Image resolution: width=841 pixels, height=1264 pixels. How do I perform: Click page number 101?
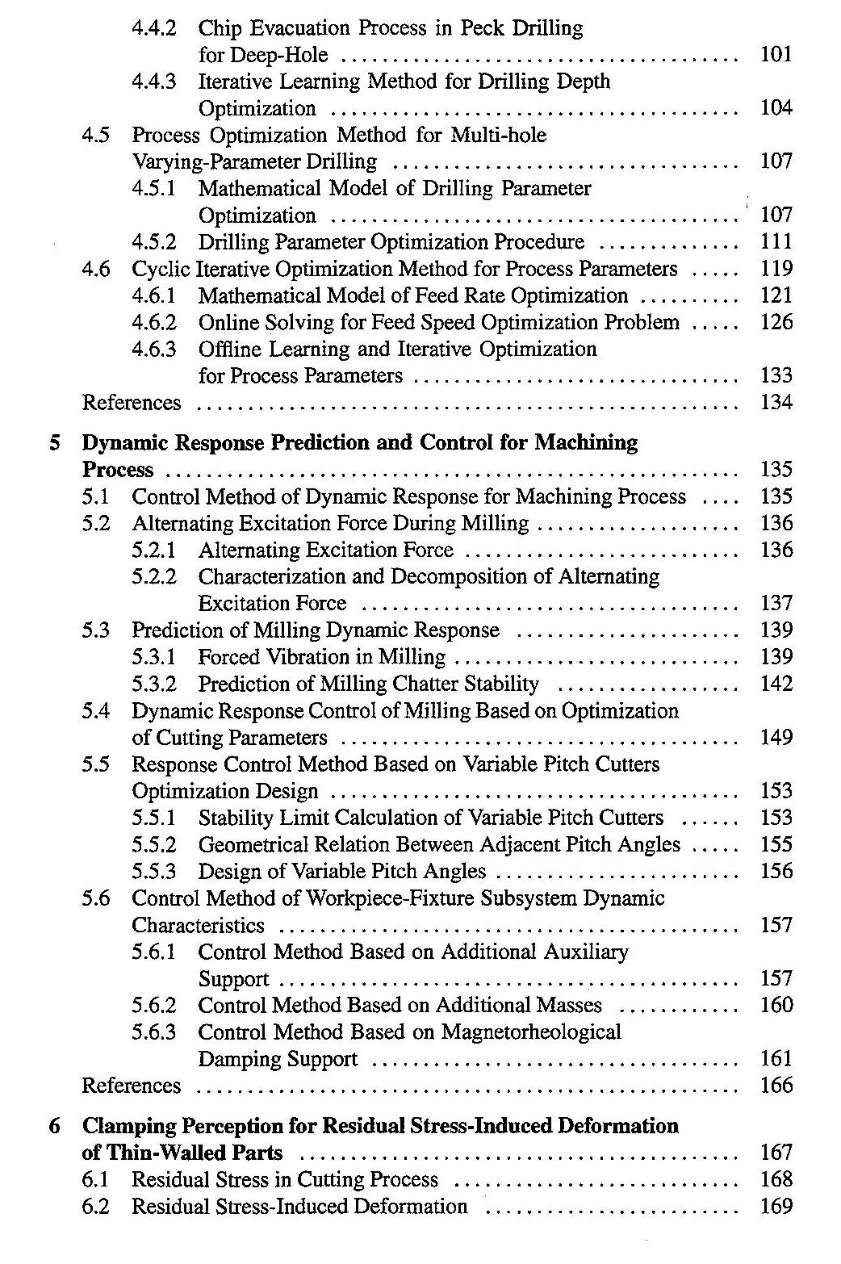coord(776,55)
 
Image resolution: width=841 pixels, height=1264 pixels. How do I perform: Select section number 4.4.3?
coord(154,82)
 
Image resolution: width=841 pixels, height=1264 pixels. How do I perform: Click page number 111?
coord(776,242)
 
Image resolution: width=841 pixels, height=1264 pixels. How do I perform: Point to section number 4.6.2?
coord(154,323)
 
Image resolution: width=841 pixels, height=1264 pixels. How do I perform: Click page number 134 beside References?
coord(776,402)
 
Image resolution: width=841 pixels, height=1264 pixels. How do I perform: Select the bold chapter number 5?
coord(54,443)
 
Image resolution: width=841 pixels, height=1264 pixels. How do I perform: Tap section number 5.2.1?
coord(154,550)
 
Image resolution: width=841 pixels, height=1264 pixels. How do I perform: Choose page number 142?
coord(776,684)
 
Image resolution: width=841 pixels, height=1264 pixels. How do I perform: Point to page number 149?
coord(776,738)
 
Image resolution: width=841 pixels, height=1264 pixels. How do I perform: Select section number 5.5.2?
coord(154,845)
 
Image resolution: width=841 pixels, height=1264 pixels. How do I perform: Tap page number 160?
coord(776,1006)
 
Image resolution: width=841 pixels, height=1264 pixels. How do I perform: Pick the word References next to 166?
coord(132,1086)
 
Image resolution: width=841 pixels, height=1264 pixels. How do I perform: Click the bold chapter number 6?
coord(54,1126)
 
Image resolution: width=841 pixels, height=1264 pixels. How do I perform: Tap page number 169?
coord(776,1207)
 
